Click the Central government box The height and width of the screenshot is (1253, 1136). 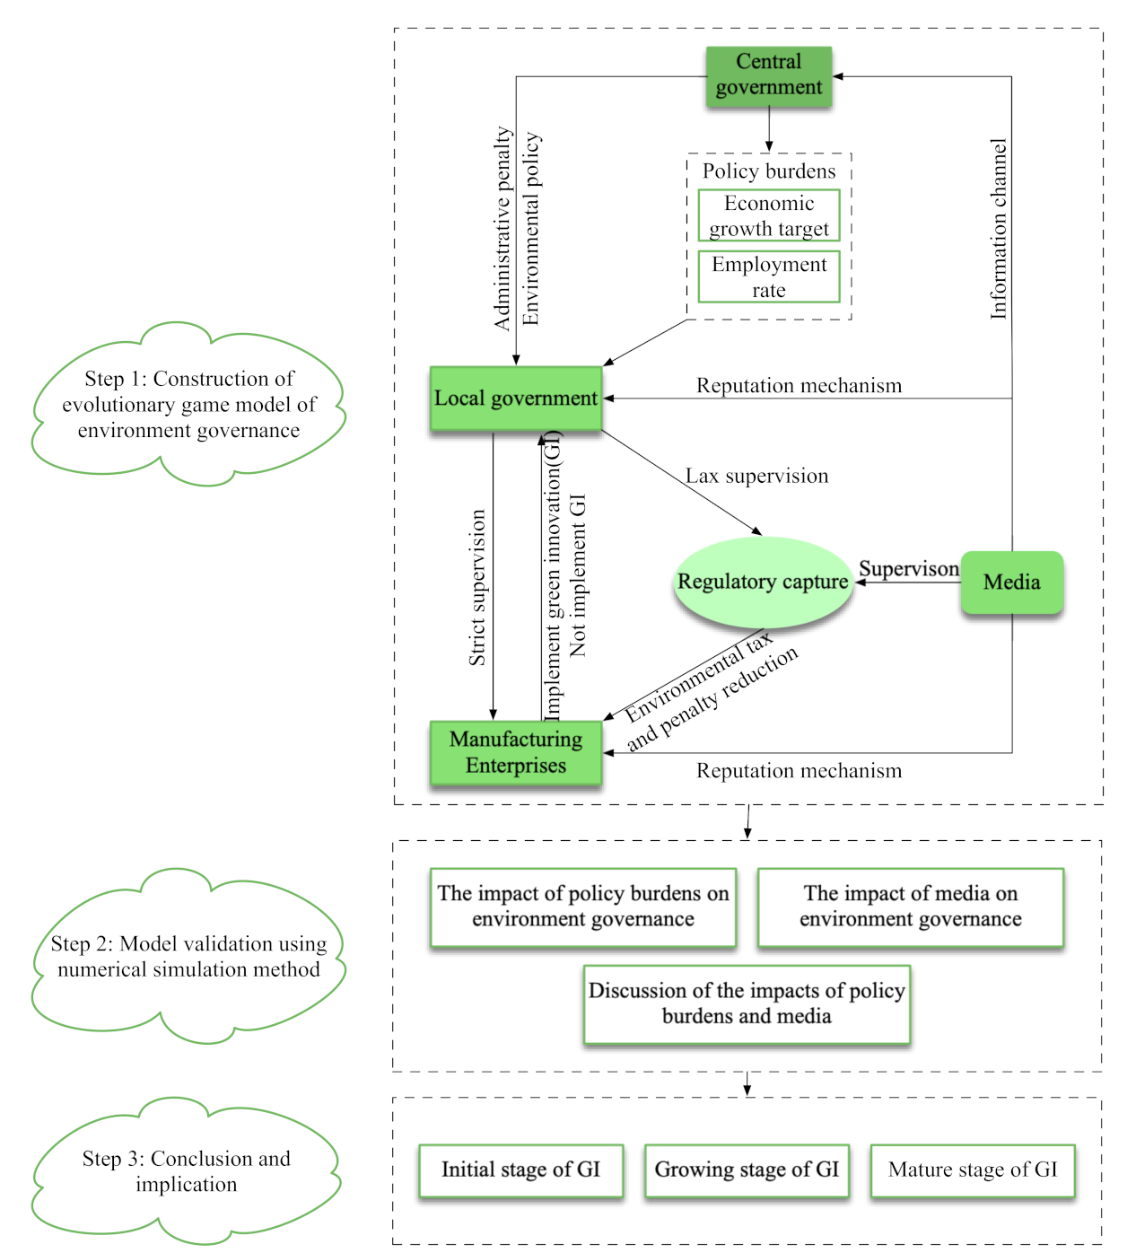click(769, 75)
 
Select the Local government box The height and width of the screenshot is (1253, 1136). click(516, 399)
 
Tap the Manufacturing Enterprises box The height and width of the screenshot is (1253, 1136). click(516, 752)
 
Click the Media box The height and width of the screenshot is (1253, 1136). click(1011, 583)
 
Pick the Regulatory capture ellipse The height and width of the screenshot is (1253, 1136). click(763, 582)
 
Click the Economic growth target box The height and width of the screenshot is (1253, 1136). click(769, 215)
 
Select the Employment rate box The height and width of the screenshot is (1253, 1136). click(769, 276)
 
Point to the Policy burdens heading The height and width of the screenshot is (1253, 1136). click(769, 171)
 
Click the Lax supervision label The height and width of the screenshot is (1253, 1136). click(757, 476)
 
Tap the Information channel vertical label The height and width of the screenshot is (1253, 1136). click(998, 229)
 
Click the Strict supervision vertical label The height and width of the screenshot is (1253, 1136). click(476, 588)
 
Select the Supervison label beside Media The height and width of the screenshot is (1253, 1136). click(908, 569)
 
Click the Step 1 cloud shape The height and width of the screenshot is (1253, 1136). click(188, 405)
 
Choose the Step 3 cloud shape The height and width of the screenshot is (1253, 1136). click(187, 1171)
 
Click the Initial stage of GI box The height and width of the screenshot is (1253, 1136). click(520, 1170)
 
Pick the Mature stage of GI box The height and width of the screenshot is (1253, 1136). click(973, 1170)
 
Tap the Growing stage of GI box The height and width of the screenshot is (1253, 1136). click(747, 1170)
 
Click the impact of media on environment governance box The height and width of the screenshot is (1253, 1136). click(911, 907)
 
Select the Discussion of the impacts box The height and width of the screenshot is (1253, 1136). click(747, 1003)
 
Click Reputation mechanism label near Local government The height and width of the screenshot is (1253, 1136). click(799, 386)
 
